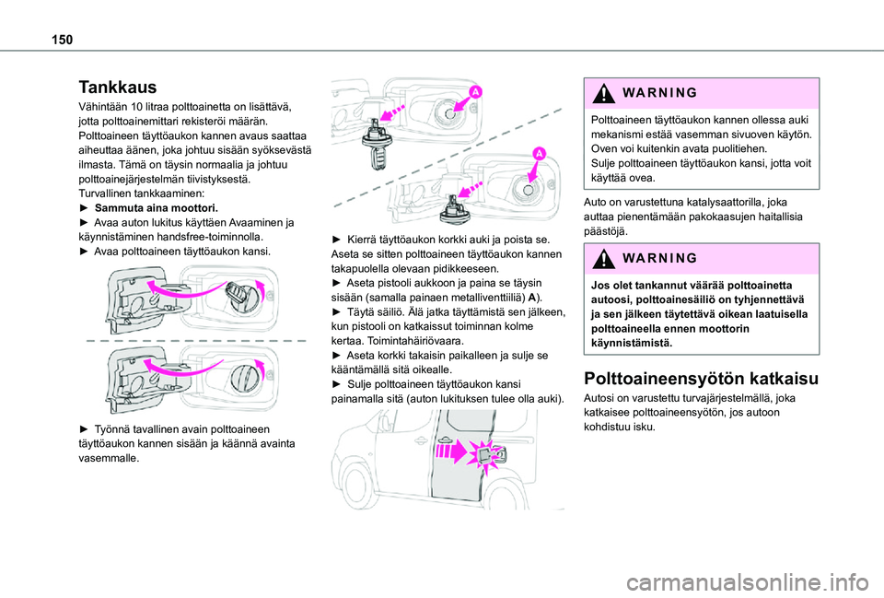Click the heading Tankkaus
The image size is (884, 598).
point(119,88)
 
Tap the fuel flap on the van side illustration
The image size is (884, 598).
point(496,453)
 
